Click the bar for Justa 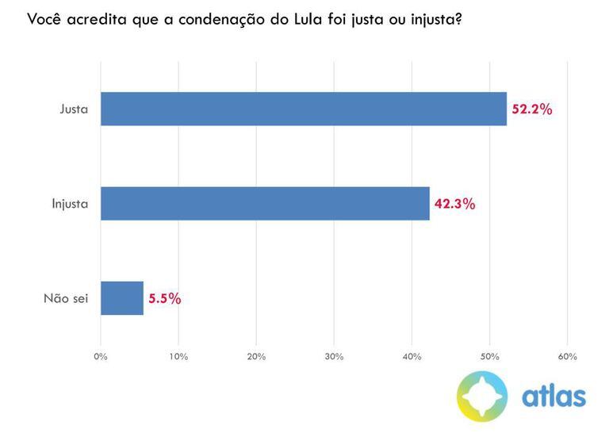[x=303, y=109]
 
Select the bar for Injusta [x=265, y=204]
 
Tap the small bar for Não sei [x=122, y=298]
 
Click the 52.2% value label [x=531, y=109]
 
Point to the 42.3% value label [x=454, y=204]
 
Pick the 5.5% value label [x=164, y=299]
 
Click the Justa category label [x=74, y=109]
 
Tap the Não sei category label [x=65, y=299]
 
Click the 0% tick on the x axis [x=101, y=357]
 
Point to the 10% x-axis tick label [x=178, y=357]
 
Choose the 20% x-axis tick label [x=256, y=357]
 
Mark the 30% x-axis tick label [x=334, y=357]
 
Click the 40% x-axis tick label [x=412, y=357]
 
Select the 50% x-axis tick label [x=489, y=357]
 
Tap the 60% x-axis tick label [x=567, y=357]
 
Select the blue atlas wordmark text [x=553, y=396]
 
